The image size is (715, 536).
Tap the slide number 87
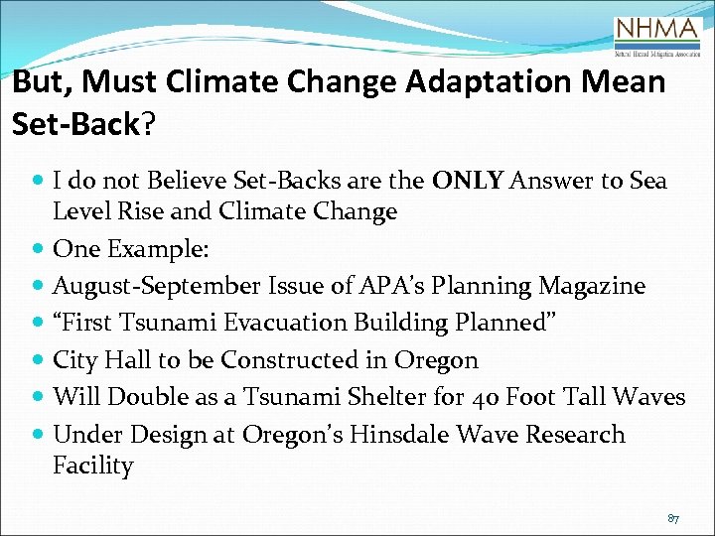click(x=672, y=519)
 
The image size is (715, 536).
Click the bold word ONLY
click(x=469, y=181)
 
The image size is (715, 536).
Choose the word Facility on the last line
click(x=92, y=466)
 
